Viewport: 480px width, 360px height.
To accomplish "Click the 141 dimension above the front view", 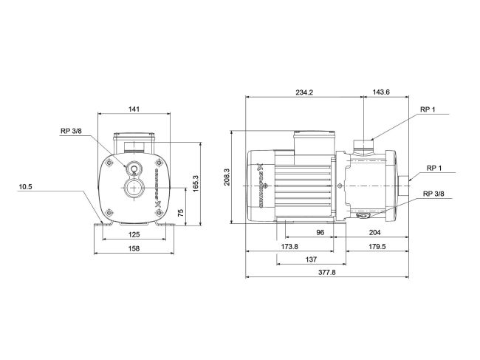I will [x=134, y=109].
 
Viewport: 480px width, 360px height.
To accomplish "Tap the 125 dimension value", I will [x=134, y=234].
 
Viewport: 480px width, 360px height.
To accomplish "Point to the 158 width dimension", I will [x=134, y=249].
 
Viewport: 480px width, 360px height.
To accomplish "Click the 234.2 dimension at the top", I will [x=304, y=92].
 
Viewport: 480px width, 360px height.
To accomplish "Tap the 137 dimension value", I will [x=310, y=259].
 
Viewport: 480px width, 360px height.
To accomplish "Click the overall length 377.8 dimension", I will [x=326, y=272].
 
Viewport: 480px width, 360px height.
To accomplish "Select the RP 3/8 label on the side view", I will [x=433, y=194].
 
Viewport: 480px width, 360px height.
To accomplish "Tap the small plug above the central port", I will [x=134, y=168].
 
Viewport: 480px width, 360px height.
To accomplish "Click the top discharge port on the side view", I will [x=363, y=140].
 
